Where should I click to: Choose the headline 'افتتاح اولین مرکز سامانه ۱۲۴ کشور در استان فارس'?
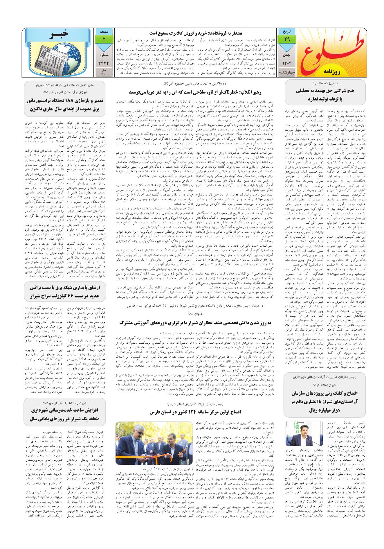pos(196,412)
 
